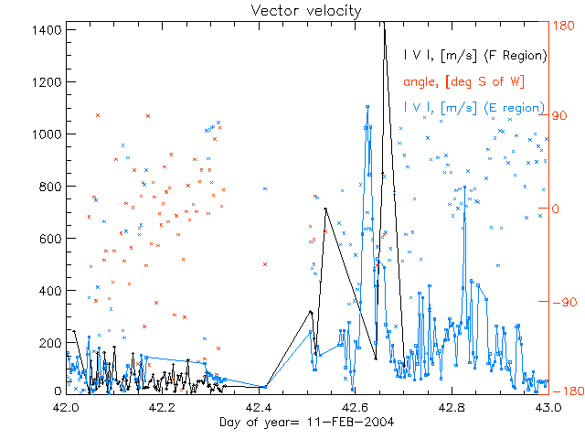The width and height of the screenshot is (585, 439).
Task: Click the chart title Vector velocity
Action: pyautogui.click(x=292, y=10)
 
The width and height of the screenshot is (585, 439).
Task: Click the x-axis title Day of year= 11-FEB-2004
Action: pyautogui.click(x=292, y=423)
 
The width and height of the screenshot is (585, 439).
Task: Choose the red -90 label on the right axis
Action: pyautogui.click(x=563, y=302)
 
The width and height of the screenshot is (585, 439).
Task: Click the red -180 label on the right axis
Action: pyautogui.click(x=565, y=391)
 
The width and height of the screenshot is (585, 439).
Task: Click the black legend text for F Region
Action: pyautogui.click(x=475, y=55)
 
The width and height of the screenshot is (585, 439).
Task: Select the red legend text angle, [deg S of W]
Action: pyautogui.click(x=463, y=81)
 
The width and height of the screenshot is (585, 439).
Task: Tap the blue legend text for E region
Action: pyautogui.click(x=475, y=108)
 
